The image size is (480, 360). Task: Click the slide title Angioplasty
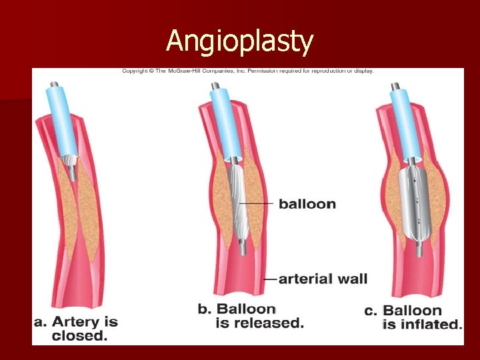239,41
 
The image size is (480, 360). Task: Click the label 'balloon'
307,203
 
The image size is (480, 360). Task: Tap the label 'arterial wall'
323,279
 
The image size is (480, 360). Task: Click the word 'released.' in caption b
259,323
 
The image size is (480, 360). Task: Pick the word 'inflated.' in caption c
422,325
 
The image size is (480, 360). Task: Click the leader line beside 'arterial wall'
270,279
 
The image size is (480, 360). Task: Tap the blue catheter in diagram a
59,124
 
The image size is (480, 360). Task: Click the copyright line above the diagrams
247,71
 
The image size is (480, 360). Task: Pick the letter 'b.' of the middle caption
205,309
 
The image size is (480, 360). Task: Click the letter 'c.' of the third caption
371,311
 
